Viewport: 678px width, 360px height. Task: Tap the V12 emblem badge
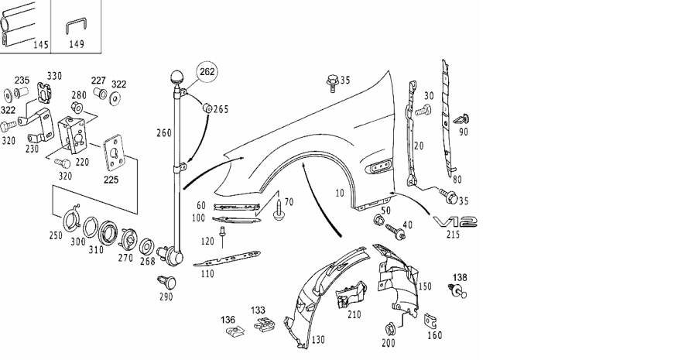(x=457, y=222)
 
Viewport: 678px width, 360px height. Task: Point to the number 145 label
(x=41, y=45)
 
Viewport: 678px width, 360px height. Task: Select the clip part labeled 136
(x=230, y=334)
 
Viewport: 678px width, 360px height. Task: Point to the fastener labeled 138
(x=457, y=291)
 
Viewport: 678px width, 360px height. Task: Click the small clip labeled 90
(x=464, y=119)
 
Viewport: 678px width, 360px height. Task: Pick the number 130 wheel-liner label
(x=318, y=340)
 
